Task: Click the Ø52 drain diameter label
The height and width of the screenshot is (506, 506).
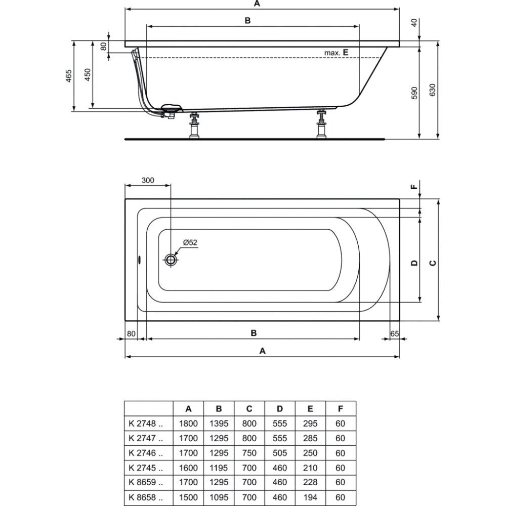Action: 190,242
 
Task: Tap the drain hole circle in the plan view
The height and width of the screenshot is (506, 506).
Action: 171,259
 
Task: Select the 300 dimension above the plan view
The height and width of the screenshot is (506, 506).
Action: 148,180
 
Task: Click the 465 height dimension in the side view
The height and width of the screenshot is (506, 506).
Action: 69,76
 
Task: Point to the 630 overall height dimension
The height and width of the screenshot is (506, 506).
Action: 433,90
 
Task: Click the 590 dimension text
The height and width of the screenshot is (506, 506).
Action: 415,93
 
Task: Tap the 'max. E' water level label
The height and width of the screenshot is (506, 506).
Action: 336,53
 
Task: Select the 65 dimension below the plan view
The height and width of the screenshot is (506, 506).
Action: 395,333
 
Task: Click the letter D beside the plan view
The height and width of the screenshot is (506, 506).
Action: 415,263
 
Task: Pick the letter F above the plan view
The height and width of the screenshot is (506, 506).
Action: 414,187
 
